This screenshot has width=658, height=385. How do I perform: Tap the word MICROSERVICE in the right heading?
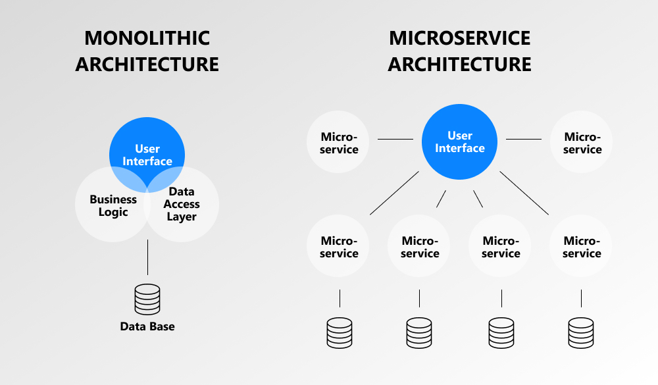[x=459, y=38]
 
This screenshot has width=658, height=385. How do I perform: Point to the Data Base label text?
[x=147, y=326]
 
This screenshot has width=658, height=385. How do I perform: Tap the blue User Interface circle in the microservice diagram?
[x=459, y=142]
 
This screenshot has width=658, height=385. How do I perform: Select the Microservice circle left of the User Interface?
[x=339, y=143]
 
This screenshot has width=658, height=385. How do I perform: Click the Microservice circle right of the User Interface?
[x=582, y=143]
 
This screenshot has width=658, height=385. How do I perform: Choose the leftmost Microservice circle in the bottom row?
[x=339, y=247]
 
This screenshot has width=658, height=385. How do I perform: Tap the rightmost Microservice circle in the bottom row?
[x=582, y=247]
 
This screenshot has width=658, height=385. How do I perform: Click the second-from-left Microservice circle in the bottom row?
[x=420, y=247]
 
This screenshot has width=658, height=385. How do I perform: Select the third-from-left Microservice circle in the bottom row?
[x=501, y=247]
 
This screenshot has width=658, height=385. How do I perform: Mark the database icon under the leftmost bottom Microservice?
[x=340, y=332]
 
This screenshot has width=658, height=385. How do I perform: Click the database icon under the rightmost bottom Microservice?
[x=582, y=332]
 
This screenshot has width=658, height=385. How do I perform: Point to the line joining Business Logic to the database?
[x=147, y=257]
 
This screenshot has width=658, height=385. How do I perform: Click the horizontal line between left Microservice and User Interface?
[x=395, y=139]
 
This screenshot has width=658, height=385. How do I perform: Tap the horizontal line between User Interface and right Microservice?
[x=523, y=139]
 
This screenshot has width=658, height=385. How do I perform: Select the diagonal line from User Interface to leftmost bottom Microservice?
[x=394, y=193]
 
